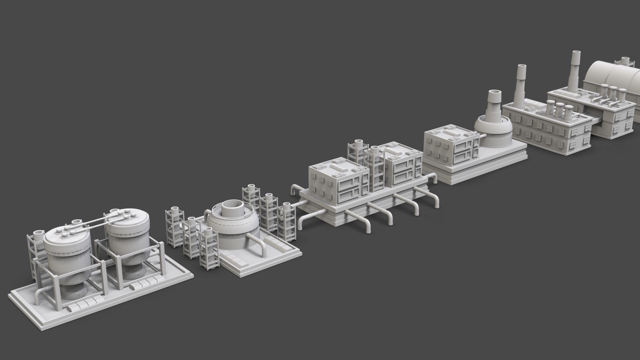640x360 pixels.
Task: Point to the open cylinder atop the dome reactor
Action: (233, 208)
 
